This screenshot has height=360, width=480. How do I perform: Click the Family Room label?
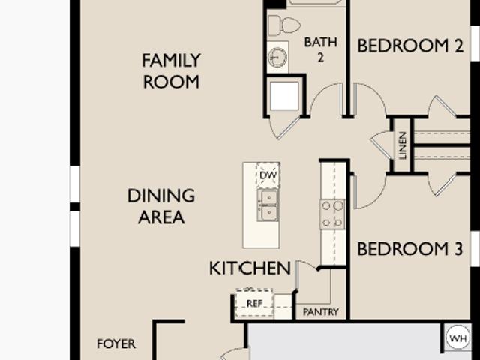(x=171, y=71)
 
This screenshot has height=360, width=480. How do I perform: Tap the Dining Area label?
(x=161, y=207)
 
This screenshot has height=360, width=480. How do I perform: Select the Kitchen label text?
(x=250, y=268)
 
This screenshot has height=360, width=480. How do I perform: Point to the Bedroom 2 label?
(x=410, y=46)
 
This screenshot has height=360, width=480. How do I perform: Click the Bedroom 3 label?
(x=410, y=248)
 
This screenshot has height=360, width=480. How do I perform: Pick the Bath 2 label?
(x=321, y=50)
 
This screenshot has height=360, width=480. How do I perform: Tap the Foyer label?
(x=116, y=343)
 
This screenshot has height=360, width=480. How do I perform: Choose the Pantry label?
(x=321, y=312)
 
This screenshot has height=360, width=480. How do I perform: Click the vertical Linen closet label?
(x=403, y=145)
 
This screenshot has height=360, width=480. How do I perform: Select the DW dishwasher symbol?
(x=268, y=175)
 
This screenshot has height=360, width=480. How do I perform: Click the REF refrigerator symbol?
(x=254, y=303)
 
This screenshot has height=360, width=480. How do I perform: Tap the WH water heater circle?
(x=458, y=338)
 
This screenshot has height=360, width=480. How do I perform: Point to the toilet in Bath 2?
(x=283, y=25)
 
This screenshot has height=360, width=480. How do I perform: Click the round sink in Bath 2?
(x=277, y=57)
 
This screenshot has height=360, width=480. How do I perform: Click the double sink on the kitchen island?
(x=268, y=205)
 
